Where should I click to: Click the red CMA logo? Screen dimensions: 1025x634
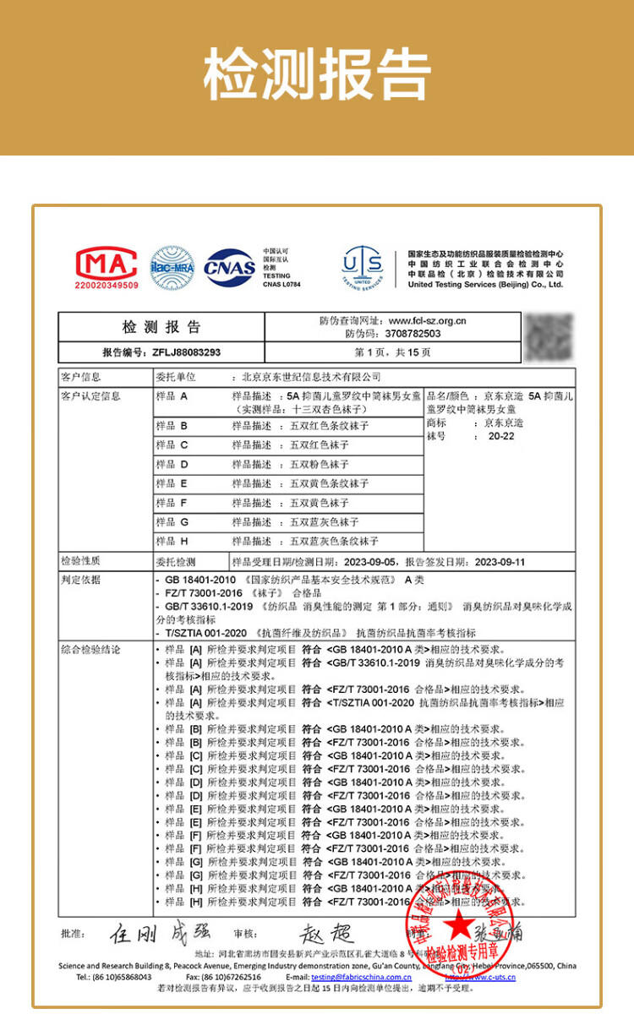pyautogui.click(x=106, y=263)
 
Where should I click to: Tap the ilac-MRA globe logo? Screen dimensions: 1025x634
pyautogui.click(x=172, y=267)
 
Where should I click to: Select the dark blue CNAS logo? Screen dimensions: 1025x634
pyautogui.click(x=229, y=267)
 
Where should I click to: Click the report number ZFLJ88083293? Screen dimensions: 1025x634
pyautogui.click(x=185, y=352)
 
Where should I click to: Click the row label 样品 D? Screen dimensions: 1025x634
pyautogui.click(x=172, y=465)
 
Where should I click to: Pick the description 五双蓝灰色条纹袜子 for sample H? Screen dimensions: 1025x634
pyautogui.click(x=334, y=542)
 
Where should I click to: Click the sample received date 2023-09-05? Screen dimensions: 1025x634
pyautogui.click(x=368, y=562)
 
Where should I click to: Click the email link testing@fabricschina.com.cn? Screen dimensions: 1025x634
pyautogui.click(x=361, y=978)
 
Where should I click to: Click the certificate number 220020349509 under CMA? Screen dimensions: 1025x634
pyautogui.click(x=106, y=286)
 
